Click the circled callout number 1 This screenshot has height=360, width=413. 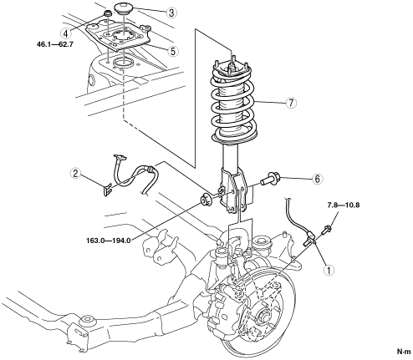[x=329, y=270]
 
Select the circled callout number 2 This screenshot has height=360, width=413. [x=75, y=174]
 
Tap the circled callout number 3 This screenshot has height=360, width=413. [x=171, y=13]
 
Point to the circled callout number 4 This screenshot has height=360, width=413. [x=65, y=33]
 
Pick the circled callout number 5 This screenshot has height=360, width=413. [x=173, y=51]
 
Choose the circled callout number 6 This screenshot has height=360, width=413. [x=318, y=179]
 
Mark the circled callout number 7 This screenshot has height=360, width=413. [x=291, y=103]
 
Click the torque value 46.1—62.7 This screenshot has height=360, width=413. [x=55, y=44]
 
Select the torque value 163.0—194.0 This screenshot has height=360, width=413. [x=109, y=241]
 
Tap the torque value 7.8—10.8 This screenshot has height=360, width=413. [x=344, y=205]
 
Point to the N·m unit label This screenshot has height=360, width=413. [x=404, y=352]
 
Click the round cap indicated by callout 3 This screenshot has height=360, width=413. [x=123, y=8]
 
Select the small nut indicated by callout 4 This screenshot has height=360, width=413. [x=108, y=13]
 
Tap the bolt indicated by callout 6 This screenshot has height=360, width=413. [x=269, y=179]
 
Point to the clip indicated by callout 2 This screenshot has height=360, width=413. [x=108, y=189]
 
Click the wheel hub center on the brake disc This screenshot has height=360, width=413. [x=263, y=316]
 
